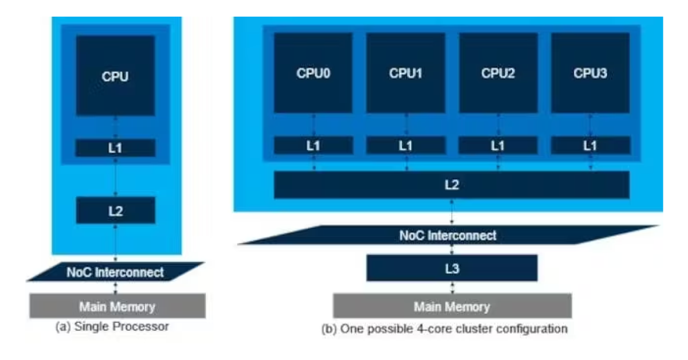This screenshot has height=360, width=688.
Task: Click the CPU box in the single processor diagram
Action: [x=115, y=76]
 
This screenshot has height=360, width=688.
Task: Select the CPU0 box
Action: [x=313, y=73]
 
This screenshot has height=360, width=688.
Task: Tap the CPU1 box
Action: [x=405, y=73]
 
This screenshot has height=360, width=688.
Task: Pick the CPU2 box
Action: [x=498, y=73]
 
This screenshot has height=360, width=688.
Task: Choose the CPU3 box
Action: [x=590, y=73]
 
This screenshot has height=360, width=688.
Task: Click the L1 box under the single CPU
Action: [x=115, y=148]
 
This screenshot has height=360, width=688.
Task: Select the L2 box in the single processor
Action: [x=115, y=210]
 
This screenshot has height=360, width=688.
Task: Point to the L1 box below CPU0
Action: [x=313, y=146]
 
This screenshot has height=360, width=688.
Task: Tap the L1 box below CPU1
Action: [x=405, y=146]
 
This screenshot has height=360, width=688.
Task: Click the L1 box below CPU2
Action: [x=498, y=146]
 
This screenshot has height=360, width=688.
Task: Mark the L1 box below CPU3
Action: [x=590, y=146]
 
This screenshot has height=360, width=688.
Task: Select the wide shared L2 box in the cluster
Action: [x=451, y=185]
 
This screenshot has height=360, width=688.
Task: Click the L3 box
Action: [x=452, y=268]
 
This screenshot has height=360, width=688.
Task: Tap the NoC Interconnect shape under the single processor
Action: [x=115, y=272]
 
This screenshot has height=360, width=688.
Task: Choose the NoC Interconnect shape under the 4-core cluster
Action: [x=448, y=235]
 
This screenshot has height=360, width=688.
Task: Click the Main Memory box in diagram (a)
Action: [x=117, y=306]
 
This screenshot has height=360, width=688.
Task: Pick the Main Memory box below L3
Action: [x=452, y=306]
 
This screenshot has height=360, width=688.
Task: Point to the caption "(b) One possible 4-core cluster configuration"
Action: [x=444, y=329]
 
